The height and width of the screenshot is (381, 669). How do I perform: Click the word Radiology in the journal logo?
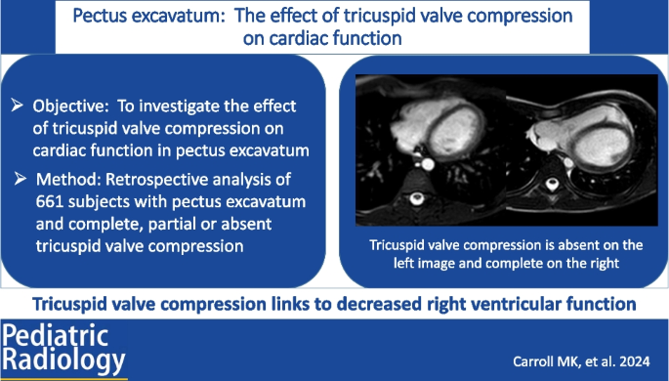[x=64, y=361]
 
